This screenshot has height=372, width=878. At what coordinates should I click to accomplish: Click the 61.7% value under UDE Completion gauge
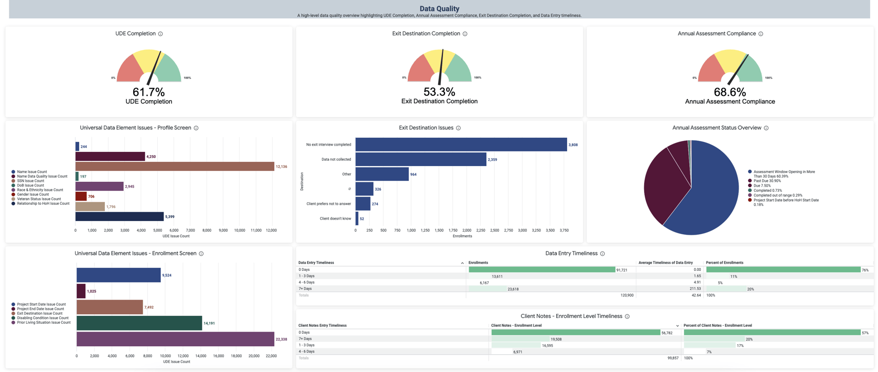148,92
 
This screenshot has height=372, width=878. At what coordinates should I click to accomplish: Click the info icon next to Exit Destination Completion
465,34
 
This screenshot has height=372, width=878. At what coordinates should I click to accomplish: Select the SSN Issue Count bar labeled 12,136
175,167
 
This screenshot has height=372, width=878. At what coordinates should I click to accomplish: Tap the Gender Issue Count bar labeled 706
81,196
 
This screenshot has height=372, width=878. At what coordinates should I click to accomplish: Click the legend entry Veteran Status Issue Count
39,199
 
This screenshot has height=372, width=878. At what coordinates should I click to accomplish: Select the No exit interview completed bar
461,145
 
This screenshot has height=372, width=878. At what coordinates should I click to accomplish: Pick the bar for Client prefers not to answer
363,204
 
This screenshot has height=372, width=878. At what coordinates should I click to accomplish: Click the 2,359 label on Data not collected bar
492,160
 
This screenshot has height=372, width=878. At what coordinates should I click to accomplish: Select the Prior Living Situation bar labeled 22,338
175,339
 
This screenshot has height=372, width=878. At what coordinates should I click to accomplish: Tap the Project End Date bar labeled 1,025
81,291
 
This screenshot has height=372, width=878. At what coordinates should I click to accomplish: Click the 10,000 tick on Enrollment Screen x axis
165,356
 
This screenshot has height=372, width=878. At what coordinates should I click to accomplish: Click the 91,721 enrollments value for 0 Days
622,270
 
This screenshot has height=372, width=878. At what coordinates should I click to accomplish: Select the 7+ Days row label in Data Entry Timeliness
305,289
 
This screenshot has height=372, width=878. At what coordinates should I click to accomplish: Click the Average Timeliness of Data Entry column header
665,262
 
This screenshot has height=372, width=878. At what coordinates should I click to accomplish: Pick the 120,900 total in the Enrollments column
627,296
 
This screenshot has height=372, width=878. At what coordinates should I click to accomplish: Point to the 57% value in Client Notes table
865,333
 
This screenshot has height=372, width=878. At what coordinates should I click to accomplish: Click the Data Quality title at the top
439,8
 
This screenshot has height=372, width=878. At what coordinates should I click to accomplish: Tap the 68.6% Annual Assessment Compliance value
730,92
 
